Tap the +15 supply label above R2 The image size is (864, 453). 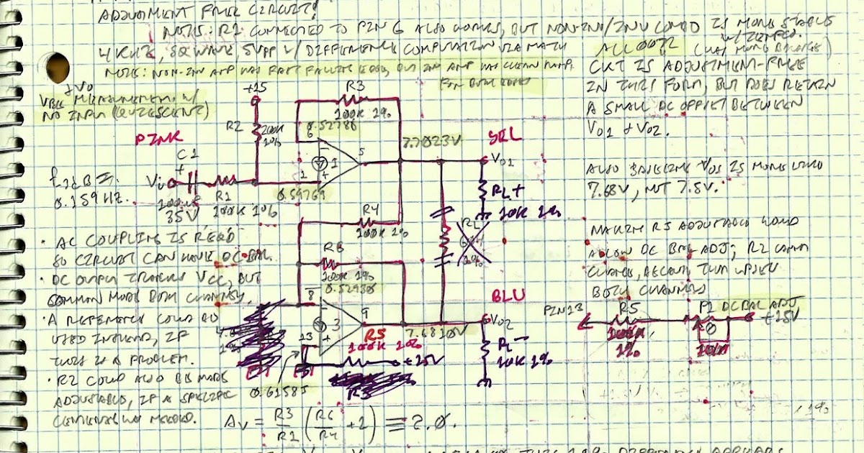click(x=254, y=88)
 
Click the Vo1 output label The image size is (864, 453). click(x=502, y=159)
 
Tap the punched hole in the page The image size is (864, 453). click(x=57, y=68)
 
